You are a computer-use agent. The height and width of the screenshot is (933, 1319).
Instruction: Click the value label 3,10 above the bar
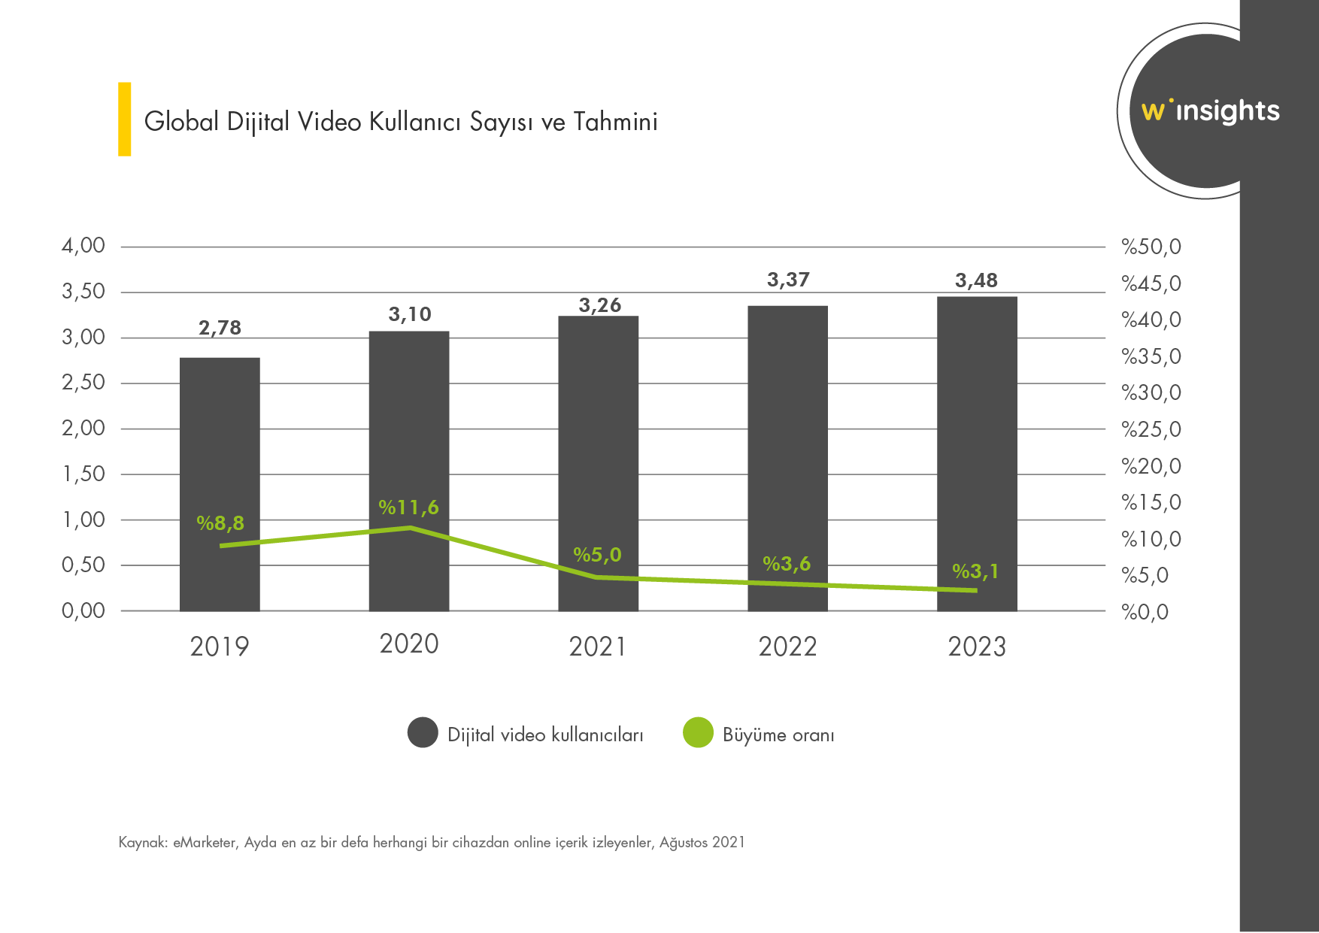pos(410,314)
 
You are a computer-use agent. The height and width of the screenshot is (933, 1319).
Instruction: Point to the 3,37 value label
pos(788,280)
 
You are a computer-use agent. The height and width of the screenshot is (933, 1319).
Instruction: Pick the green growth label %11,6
pos(408,507)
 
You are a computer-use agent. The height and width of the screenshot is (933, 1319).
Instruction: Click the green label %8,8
pos(220,523)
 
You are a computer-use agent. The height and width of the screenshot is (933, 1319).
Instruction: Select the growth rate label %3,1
pos(975,571)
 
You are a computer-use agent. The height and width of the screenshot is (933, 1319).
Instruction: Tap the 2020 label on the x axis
pos(409,644)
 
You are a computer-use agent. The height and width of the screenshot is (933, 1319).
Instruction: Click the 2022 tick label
pos(787,647)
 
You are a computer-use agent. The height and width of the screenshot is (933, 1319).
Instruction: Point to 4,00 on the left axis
pos(83,246)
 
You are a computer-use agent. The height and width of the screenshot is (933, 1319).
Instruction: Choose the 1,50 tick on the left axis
pos(83,474)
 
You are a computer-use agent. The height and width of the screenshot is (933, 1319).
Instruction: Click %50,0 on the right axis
pos(1151,247)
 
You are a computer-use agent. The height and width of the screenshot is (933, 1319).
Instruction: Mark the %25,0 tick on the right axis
pos(1151,429)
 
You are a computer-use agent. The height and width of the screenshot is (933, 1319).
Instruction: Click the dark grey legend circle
pos(423,733)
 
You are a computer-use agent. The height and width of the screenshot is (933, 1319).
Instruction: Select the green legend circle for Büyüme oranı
pos(698,733)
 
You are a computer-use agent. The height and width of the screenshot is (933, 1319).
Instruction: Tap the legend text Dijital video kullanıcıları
pos(545,735)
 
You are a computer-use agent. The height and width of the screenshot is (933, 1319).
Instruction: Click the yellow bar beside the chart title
pos(125,119)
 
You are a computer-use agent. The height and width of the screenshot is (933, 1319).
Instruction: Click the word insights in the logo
pos(1227,111)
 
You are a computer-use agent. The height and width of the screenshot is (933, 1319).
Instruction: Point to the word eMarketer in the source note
pos(204,842)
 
